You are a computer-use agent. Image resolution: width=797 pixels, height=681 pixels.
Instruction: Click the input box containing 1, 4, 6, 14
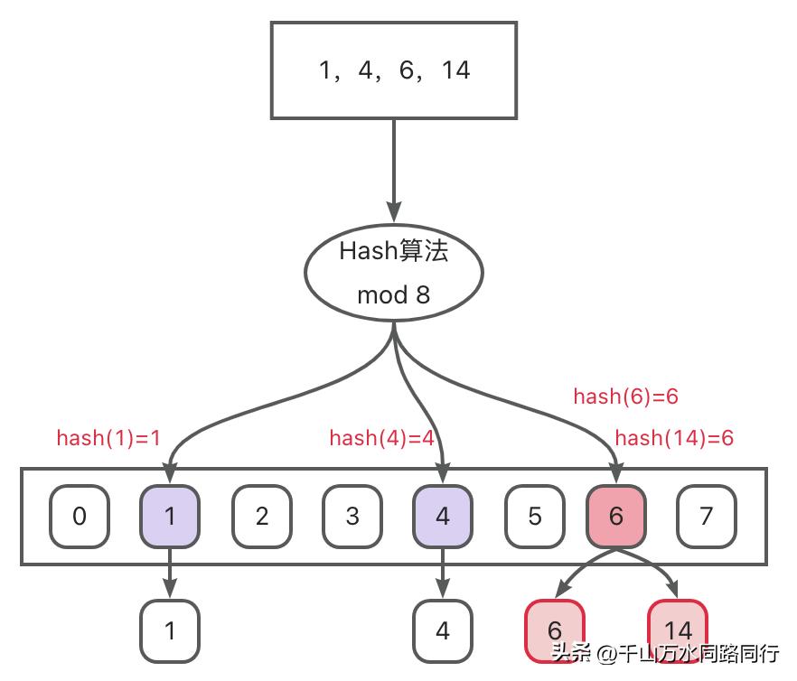394,70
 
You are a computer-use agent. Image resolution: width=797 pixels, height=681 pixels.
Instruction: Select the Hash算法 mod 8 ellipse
394,272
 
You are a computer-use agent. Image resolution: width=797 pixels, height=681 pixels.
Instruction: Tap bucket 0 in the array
80,516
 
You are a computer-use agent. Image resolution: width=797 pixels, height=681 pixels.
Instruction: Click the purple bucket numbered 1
170,516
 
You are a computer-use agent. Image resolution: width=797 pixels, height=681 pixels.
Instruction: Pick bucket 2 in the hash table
261,516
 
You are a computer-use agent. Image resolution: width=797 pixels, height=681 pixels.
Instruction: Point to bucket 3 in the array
352,516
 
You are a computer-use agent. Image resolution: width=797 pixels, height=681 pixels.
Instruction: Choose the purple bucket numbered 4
442,516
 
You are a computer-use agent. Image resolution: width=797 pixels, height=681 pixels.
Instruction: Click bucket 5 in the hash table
533,516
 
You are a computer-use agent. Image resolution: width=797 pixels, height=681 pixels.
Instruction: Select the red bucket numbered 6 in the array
616,516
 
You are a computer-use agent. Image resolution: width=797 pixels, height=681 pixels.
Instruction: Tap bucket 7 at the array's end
707,516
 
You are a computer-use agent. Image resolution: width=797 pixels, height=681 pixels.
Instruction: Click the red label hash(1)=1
108,438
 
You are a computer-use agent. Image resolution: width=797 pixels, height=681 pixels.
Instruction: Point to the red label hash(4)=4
382,438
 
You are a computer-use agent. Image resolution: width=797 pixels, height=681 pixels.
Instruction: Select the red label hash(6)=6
625,396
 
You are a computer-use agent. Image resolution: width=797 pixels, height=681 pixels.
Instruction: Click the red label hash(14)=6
674,438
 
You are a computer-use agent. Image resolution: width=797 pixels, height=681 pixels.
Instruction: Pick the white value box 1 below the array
170,630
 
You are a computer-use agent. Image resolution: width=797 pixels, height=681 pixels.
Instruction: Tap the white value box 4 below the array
442,630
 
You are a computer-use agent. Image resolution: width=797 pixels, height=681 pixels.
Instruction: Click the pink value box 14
677,630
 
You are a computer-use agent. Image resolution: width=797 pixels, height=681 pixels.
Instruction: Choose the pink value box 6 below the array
555,630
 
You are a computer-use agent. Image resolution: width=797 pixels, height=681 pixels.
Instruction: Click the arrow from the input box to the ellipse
394,163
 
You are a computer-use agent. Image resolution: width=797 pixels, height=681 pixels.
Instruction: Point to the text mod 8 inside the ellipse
394,295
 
